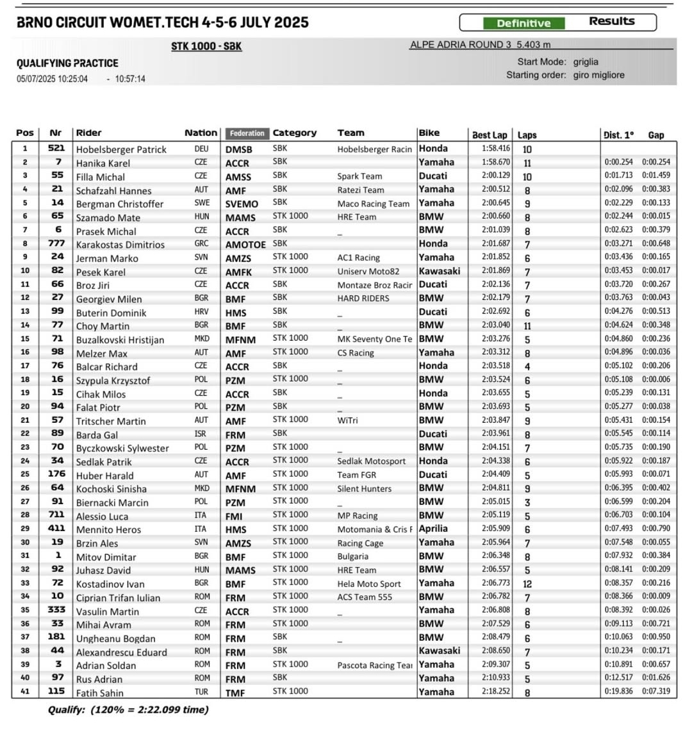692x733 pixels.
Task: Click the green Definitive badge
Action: [x=523, y=23]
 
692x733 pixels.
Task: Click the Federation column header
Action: [x=247, y=133]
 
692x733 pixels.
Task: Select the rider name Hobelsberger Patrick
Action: [x=121, y=149]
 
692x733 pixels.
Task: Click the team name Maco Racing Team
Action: [x=373, y=204]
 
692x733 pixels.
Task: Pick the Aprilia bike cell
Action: [x=433, y=529]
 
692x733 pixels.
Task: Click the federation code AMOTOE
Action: [x=245, y=244]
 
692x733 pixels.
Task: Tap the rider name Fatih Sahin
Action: [x=99, y=693]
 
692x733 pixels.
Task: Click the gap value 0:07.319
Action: [x=656, y=691]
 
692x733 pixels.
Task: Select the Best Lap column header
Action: [x=490, y=135]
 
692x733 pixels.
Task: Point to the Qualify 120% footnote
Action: [x=128, y=709]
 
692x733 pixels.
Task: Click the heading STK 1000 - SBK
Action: [x=206, y=46]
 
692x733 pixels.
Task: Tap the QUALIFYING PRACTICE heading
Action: [x=67, y=63]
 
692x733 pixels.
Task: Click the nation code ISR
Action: [x=201, y=434]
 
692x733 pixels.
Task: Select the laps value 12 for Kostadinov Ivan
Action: [x=527, y=584]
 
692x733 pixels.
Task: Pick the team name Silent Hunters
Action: [x=364, y=488]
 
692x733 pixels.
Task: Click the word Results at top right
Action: [x=611, y=21]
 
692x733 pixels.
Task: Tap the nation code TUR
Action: [x=201, y=691]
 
